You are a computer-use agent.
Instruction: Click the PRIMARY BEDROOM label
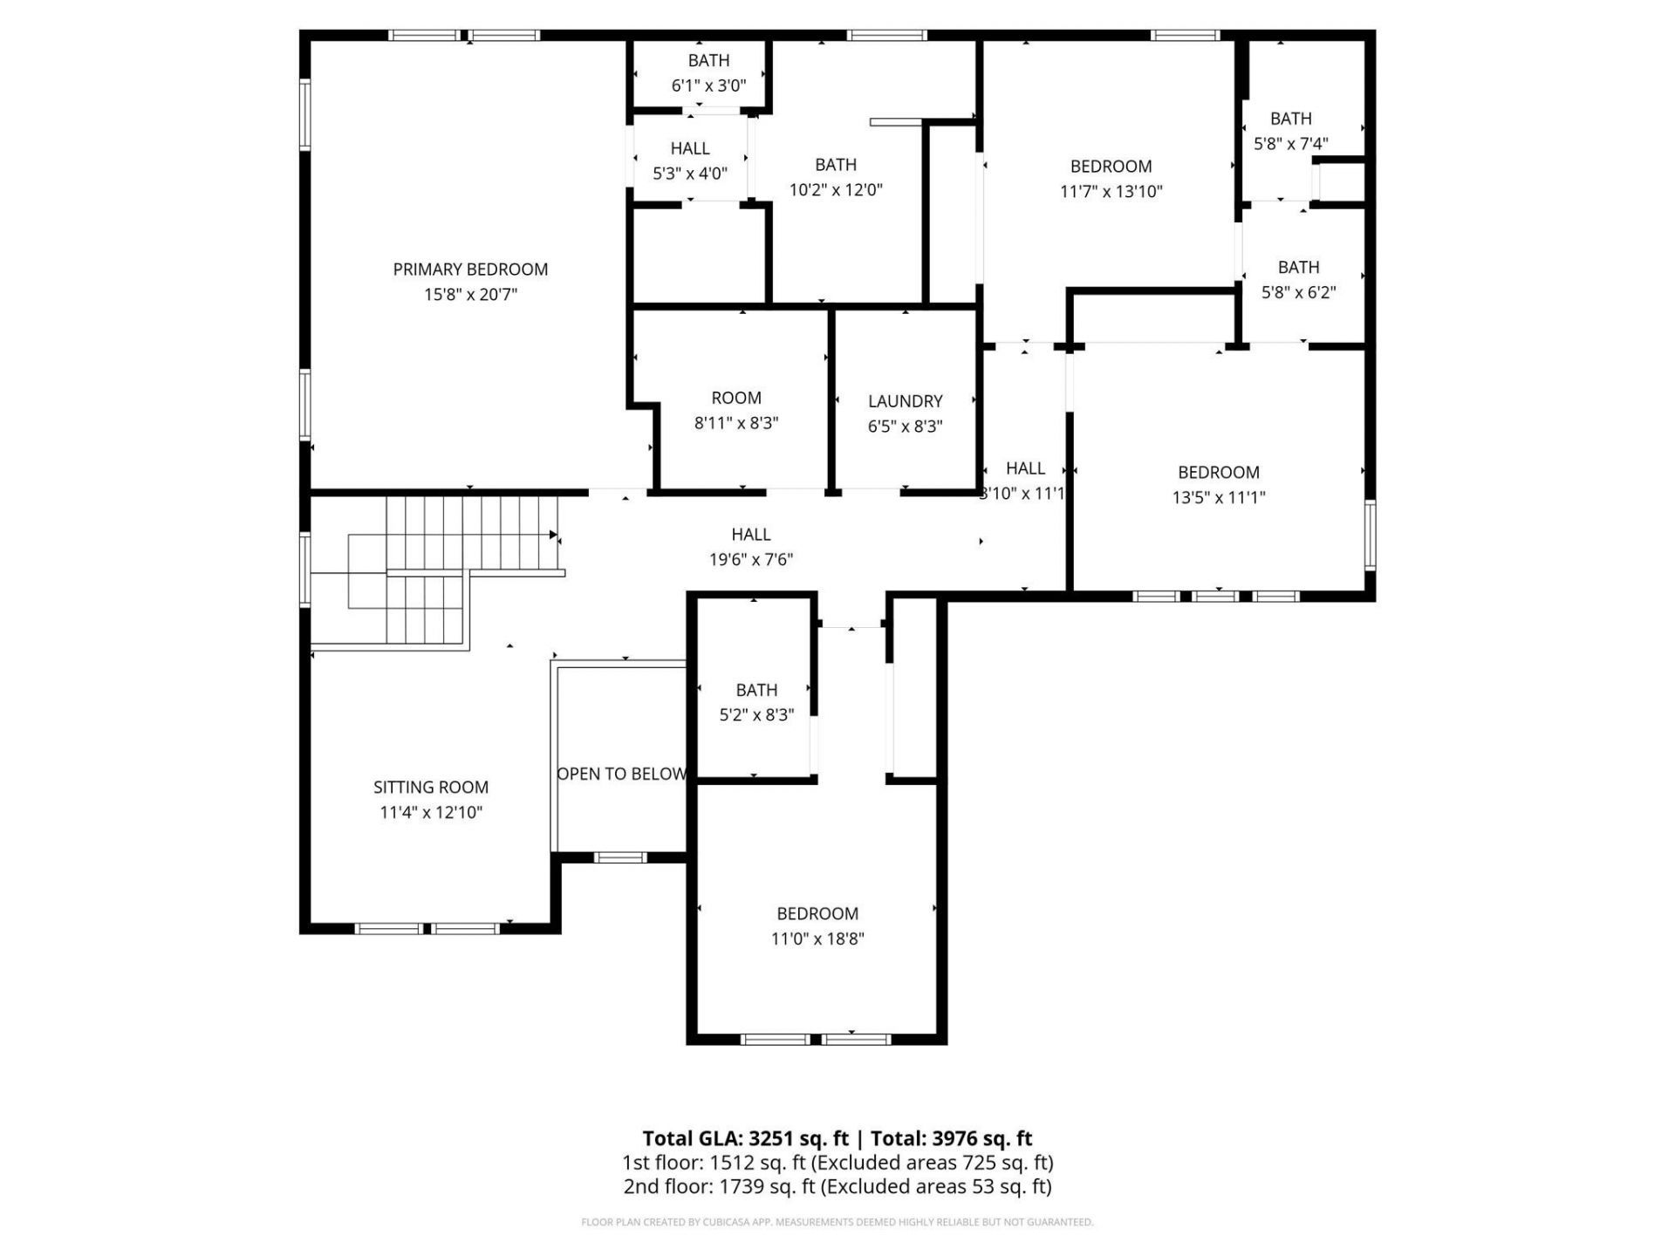470,270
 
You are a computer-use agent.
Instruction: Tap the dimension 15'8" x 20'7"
470,295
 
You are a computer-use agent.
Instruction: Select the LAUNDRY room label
905,401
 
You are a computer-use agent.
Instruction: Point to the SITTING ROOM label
431,787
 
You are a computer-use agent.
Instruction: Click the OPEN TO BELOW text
621,774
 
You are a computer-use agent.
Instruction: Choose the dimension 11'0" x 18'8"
817,939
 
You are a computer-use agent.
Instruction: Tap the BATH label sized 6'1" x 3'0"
708,60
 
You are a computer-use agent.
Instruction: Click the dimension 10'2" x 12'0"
836,190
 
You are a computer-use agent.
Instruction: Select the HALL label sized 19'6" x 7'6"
750,535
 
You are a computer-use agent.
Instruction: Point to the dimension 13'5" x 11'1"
1218,497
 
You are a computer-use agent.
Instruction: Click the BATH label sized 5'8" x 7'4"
1290,119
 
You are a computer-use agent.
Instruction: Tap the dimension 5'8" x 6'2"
1298,292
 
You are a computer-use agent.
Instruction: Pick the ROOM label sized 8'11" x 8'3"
736,398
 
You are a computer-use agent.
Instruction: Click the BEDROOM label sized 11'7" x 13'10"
1111,166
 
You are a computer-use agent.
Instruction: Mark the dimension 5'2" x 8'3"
755,715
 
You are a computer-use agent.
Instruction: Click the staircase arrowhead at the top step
553,535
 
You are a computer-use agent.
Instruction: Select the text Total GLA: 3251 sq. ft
745,1138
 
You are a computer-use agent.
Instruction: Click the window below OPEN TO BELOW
620,857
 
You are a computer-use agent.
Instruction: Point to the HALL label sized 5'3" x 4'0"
689,148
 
